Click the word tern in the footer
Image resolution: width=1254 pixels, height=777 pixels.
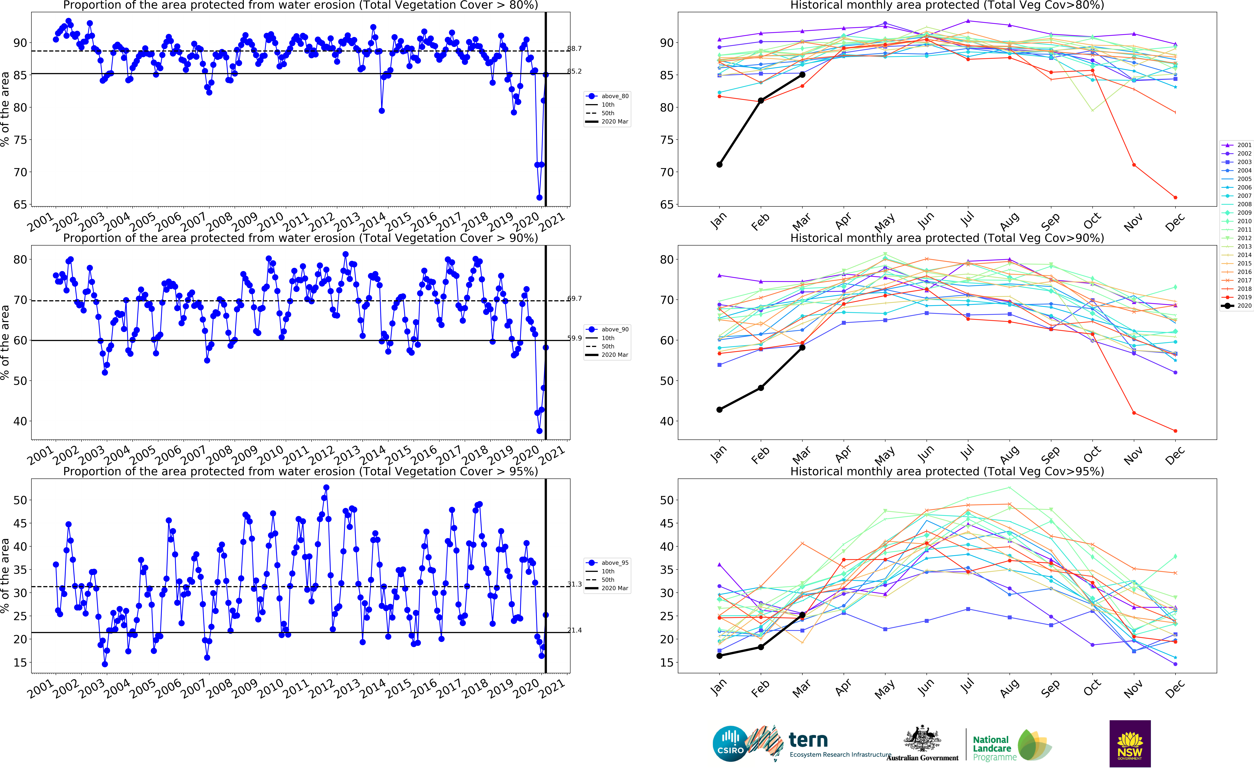pyautogui.click(x=808, y=740)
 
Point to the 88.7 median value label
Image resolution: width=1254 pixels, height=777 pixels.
pyautogui.click(x=575, y=49)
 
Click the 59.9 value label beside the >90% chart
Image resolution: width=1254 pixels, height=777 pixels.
pyautogui.click(x=575, y=338)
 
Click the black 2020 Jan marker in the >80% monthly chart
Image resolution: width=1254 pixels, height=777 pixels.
pyautogui.click(x=720, y=164)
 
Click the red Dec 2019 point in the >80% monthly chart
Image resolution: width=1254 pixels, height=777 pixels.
pyautogui.click(x=1175, y=197)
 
